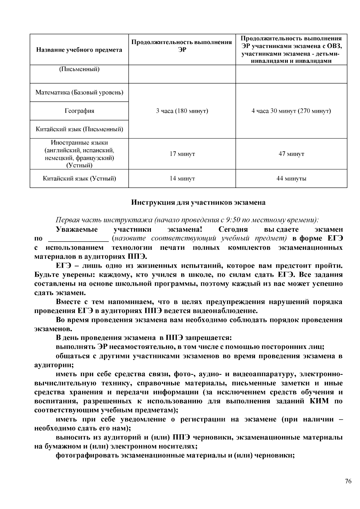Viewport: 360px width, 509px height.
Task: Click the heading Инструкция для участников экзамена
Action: point(198,203)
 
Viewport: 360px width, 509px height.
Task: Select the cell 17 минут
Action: point(182,154)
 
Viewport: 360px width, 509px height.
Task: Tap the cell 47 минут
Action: point(291,154)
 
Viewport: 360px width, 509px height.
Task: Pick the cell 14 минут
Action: point(182,179)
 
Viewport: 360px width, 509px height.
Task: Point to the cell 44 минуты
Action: point(291,179)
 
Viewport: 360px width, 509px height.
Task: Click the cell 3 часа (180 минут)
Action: point(182,111)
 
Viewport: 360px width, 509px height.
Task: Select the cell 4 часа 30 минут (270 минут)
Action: point(291,111)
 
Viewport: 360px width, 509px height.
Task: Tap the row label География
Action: point(79,111)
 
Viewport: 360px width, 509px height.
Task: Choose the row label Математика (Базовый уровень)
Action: point(79,92)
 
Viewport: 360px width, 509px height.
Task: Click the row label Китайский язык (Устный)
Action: point(79,179)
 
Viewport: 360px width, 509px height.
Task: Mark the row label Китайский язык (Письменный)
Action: point(79,129)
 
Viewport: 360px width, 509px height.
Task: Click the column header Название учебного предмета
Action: point(79,50)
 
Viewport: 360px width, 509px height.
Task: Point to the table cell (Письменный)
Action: point(79,70)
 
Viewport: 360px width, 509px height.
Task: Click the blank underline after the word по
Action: point(78,239)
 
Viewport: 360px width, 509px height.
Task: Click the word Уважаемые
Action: point(77,230)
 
